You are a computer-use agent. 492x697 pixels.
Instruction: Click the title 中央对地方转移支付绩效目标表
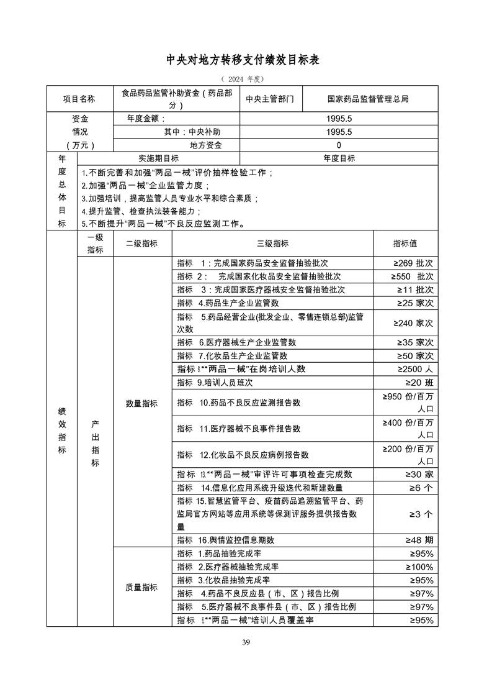(246, 60)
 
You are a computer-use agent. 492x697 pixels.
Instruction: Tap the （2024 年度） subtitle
(246, 80)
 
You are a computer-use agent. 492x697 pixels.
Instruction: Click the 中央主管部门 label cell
(271, 98)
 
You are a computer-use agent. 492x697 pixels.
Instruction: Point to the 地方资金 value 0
(339, 145)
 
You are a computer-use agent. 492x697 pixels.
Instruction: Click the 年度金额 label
(146, 118)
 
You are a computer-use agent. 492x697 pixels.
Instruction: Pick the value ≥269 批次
(412, 263)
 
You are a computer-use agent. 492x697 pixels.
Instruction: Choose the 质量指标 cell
(142, 587)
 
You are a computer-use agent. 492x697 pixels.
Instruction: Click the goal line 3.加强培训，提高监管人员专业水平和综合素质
(169, 198)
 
